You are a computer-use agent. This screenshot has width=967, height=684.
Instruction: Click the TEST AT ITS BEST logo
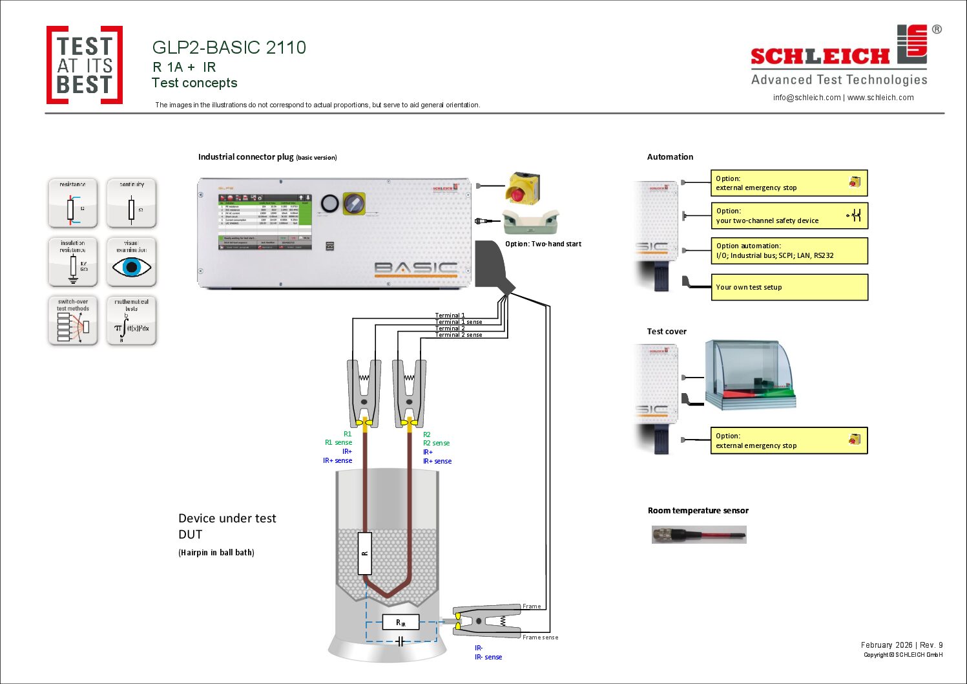click(85, 65)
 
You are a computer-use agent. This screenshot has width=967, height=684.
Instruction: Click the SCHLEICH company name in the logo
click(820, 57)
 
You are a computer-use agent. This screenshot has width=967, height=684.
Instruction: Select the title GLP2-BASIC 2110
click(229, 47)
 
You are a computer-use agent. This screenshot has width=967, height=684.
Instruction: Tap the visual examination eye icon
click(132, 266)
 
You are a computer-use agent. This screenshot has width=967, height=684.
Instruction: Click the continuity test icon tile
click(131, 204)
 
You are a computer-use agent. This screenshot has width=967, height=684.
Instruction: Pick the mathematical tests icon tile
click(131, 321)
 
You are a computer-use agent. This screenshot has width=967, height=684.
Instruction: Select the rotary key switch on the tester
click(353, 204)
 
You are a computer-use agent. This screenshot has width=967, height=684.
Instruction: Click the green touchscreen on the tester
click(265, 220)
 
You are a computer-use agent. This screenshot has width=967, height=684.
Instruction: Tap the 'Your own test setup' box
click(789, 287)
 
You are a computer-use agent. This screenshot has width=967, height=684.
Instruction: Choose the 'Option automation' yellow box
click(789, 251)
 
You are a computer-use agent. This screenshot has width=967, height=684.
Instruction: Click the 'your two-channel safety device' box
click(789, 216)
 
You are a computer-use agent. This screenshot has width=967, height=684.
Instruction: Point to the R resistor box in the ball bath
click(365, 553)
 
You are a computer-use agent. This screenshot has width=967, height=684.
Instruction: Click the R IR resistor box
click(400, 623)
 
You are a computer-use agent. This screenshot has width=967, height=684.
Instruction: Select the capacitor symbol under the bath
click(400, 641)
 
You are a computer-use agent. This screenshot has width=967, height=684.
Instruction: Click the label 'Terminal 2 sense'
click(459, 335)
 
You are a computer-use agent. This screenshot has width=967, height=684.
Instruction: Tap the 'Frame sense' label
click(540, 637)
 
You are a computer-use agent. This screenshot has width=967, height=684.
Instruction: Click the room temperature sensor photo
click(699, 535)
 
